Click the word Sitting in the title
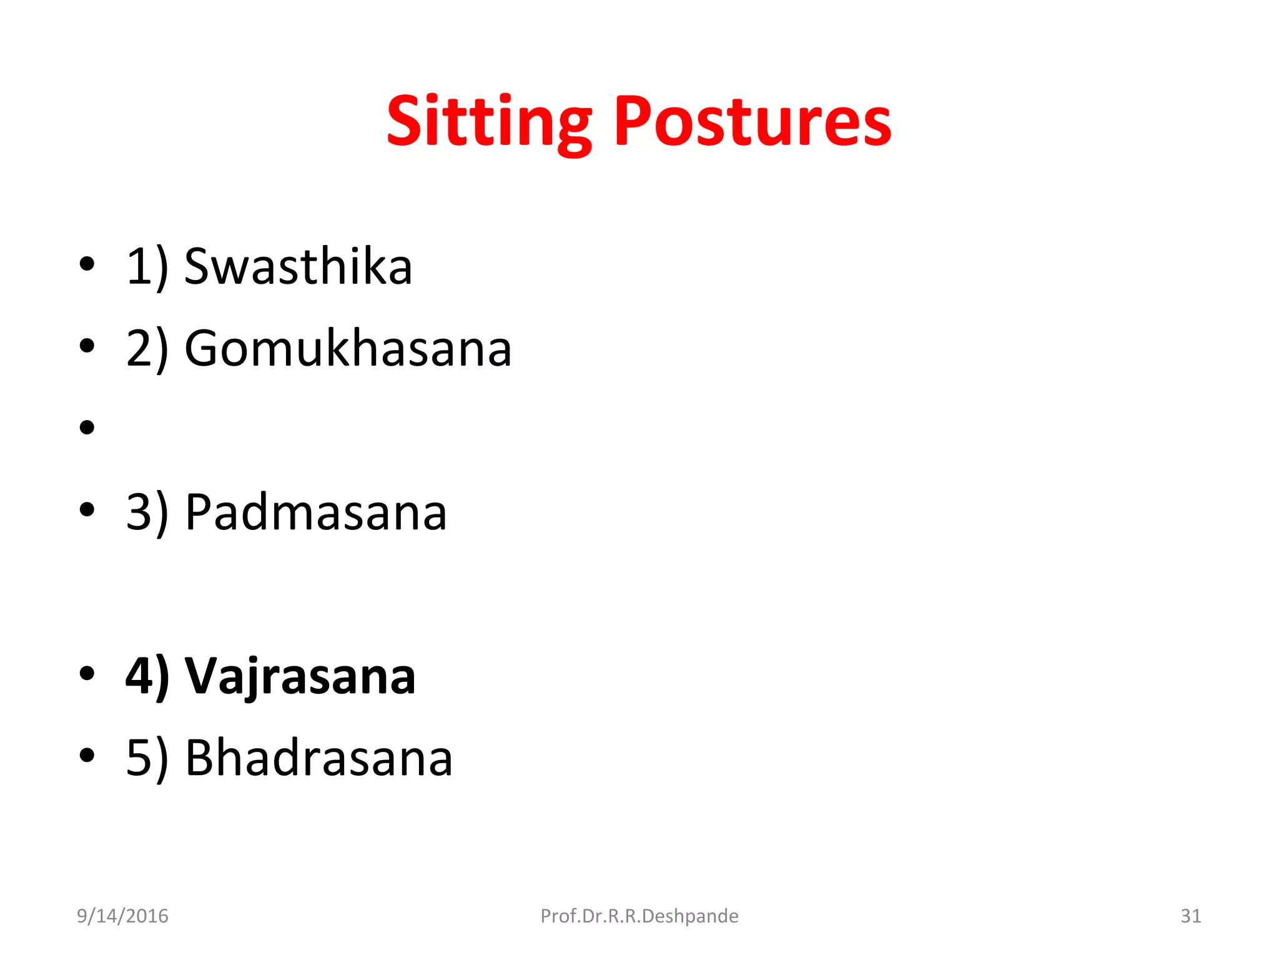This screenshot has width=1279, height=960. click(x=488, y=122)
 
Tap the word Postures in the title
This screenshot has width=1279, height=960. click(x=753, y=122)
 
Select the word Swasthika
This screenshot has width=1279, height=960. click(x=298, y=267)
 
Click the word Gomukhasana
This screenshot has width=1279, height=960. click(x=348, y=349)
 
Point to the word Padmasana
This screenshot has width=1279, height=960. click(x=316, y=512)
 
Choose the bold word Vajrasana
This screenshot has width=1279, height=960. click(x=300, y=676)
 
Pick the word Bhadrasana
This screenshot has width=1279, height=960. click(x=319, y=758)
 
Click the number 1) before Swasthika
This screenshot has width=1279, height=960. click(x=147, y=267)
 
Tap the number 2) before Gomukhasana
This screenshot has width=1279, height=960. click(x=147, y=349)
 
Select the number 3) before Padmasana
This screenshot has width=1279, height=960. click(x=147, y=512)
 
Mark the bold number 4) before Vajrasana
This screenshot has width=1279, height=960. click(x=147, y=676)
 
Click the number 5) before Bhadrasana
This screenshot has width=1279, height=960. click(x=147, y=758)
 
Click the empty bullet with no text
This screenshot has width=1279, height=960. click(x=87, y=427)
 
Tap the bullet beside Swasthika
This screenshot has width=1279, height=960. click(x=87, y=264)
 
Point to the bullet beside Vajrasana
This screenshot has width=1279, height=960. click(x=87, y=673)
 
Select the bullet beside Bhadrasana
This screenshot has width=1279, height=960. click(x=87, y=755)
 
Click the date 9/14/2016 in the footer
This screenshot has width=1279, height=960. click(x=122, y=916)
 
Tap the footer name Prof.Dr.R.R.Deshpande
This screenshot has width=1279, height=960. click(x=639, y=916)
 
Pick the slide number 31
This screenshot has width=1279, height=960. click(x=1190, y=916)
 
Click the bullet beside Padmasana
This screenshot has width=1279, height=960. click(x=87, y=509)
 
